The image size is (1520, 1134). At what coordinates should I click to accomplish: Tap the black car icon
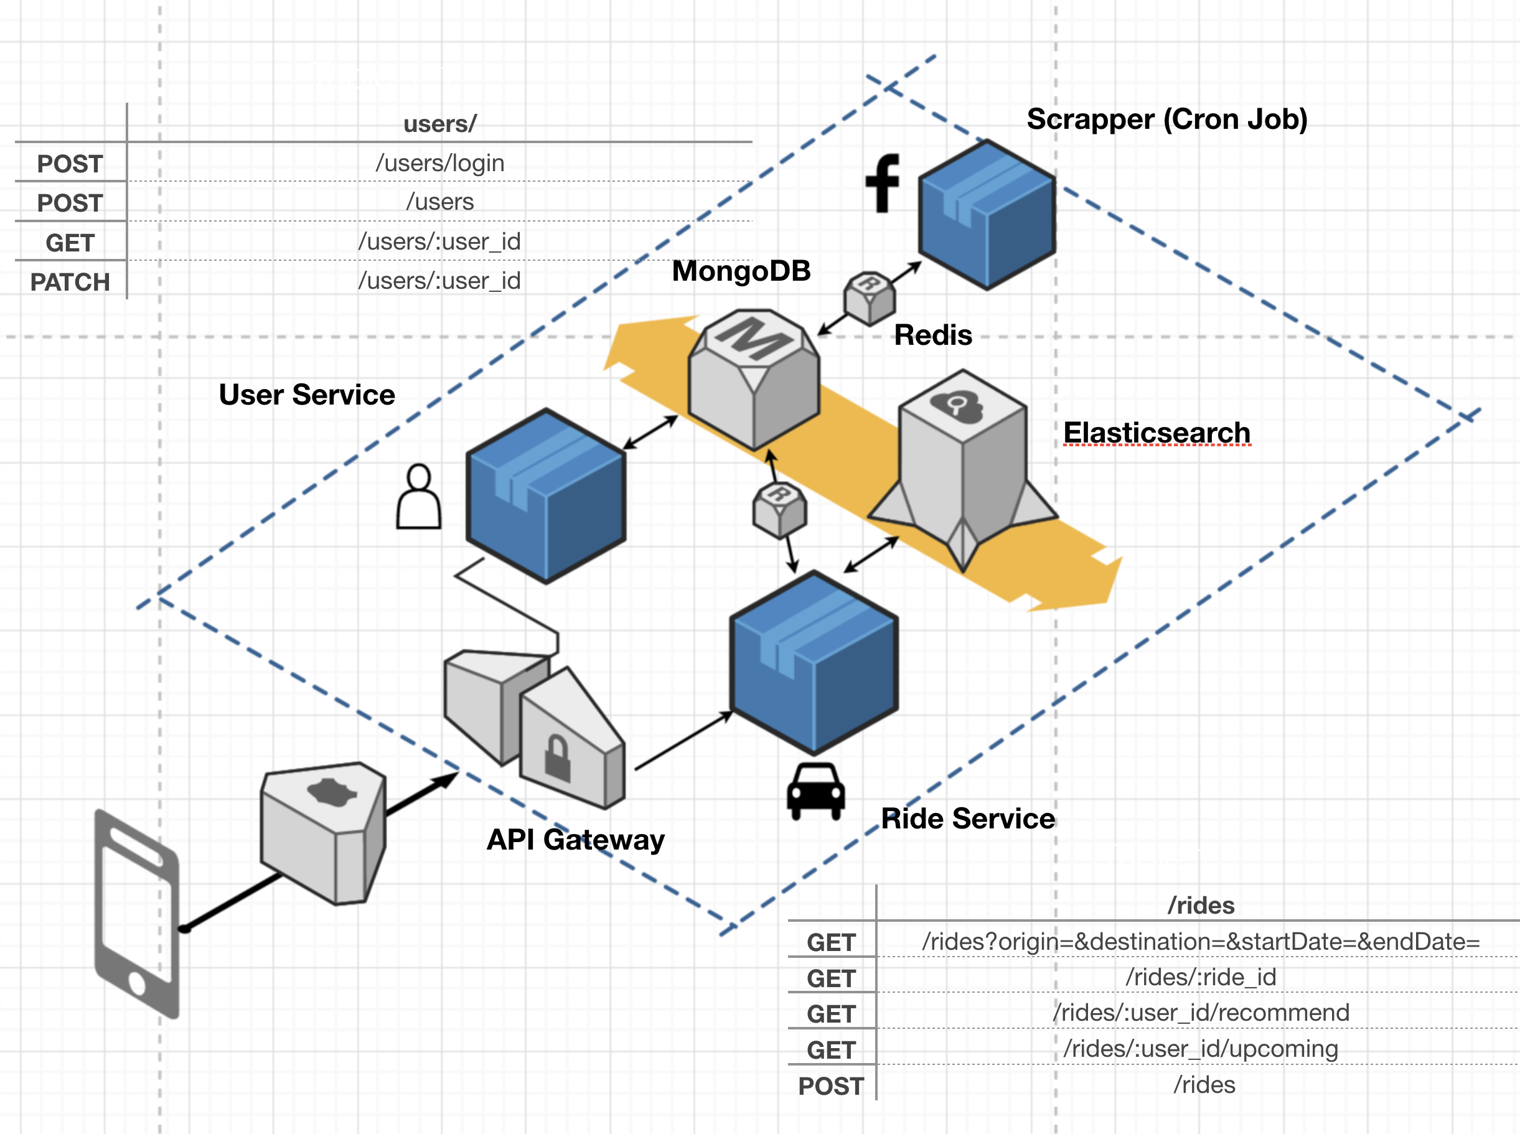[x=815, y=792]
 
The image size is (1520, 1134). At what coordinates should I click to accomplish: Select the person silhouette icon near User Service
[x=419, y=497]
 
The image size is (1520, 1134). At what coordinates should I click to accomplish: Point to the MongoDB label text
[x=741, y=271]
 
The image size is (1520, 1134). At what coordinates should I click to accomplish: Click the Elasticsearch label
[x=1157, y=433]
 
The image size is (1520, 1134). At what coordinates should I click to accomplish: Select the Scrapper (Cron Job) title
[x=1167, y=119]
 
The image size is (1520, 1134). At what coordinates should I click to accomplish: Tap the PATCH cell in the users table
[x=70, y=282]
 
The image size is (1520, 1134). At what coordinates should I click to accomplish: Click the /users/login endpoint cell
[x=440, y=163]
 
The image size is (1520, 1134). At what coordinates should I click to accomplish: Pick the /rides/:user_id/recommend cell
[x=1201, y=1013]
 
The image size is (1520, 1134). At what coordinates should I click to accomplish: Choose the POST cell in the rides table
[x=831, y=1086]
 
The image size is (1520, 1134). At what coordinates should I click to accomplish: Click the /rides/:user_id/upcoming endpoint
[x=1201, y=1049]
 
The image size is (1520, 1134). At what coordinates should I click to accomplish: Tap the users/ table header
[x=440, y=124]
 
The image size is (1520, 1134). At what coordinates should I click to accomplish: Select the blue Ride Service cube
[x=814, y=663]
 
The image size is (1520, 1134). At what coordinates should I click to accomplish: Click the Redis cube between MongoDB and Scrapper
[x=869, y=298]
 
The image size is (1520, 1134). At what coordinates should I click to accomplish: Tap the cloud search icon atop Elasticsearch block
[x=956, y=406]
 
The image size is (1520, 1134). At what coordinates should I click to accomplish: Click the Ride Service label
[x=968, y=819]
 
